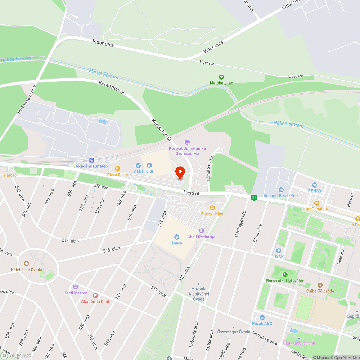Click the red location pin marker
(x=180, y=173)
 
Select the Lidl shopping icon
(x=149, y=165)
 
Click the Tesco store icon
(x=176, y=237)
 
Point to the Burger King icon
(x=212, y=208)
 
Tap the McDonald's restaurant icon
(x=317, y=203)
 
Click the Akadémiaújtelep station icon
(x=92, y=160)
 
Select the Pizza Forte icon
(x=117, y=168)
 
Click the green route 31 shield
(x=254, y=197)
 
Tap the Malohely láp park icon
(x=221, y=77)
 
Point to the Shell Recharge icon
(x=201, y=230)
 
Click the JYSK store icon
(x=278, y=251)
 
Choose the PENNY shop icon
(x=315, y=184)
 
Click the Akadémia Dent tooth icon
(x=95, y=295)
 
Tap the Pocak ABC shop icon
(x=262, y=317)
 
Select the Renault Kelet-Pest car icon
(x=281, y=189)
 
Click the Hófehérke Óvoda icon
(x=26, y=264)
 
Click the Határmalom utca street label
(x=27, y=100)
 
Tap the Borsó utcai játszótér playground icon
(x=285, y=275)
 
